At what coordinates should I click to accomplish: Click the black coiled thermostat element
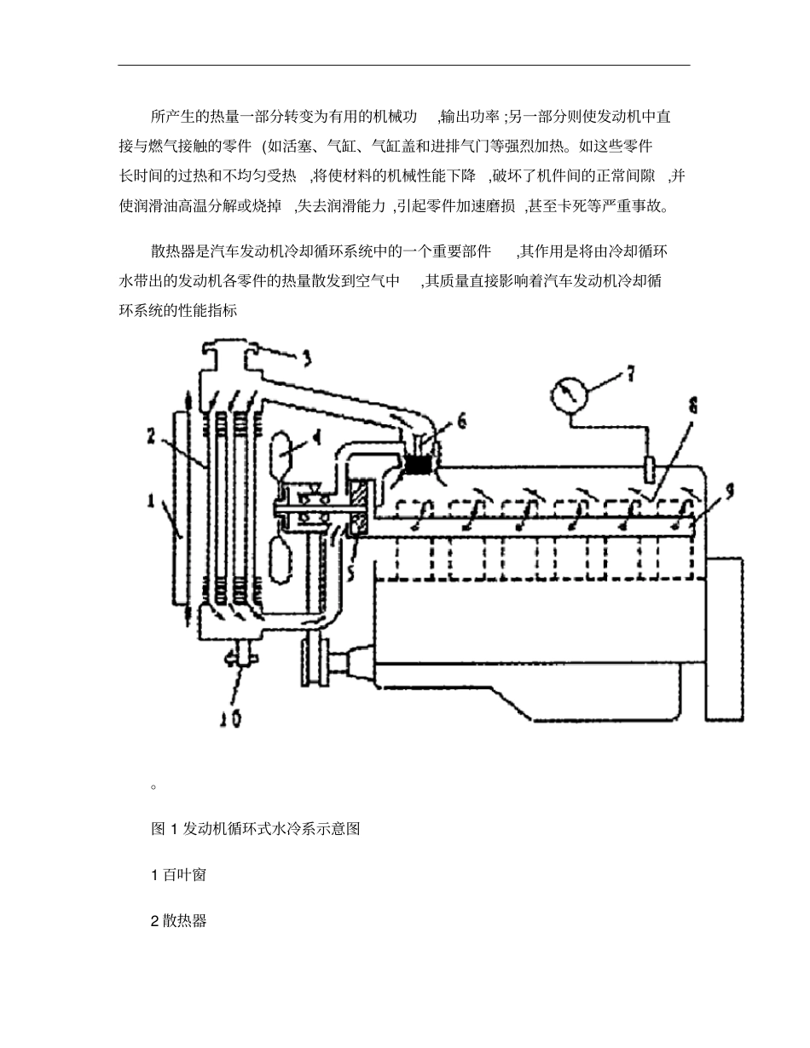419,465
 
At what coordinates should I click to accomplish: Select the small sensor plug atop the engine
649,468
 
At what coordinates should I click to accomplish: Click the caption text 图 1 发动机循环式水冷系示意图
255,828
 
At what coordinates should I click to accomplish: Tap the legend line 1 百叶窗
178,874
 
